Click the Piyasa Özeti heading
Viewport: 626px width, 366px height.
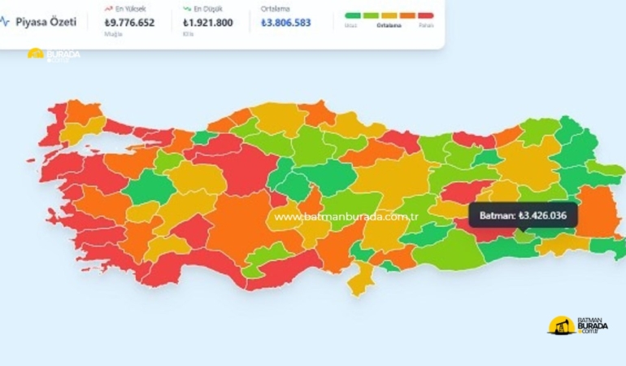[x=46, y=22]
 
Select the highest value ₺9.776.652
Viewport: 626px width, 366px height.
[x=130, y=23]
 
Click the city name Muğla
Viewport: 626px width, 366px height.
[x=112, y=35]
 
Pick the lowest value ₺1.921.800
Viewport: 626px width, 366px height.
[x=208, y=23]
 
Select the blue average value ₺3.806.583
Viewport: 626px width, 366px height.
[x=286, y=23]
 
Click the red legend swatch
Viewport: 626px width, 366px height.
[x=425, y=15]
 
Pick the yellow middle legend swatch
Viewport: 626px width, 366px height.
[x=389, y=15]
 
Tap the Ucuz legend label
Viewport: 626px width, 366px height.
[x=350, y=25]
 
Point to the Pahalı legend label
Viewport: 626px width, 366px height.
[x=426, y=25]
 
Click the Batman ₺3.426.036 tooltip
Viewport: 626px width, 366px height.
[x=523, y=215]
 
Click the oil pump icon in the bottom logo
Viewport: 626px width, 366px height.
[x=559, y=326]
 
